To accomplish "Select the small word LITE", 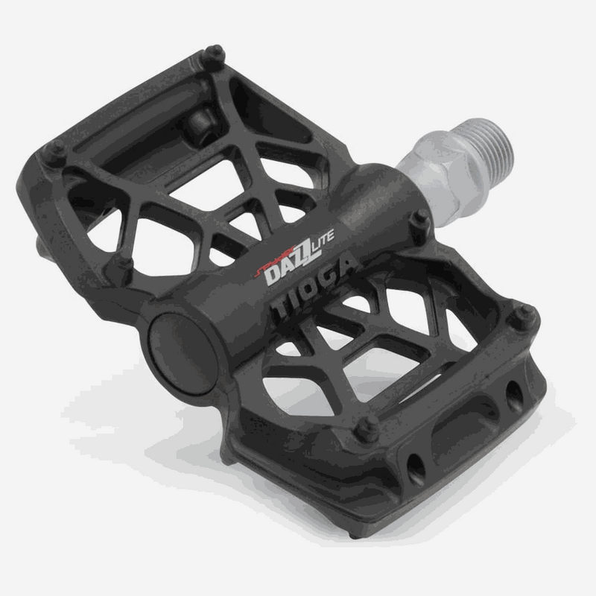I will [x=323, y=237].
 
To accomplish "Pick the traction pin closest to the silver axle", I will [x=420, y=218].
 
